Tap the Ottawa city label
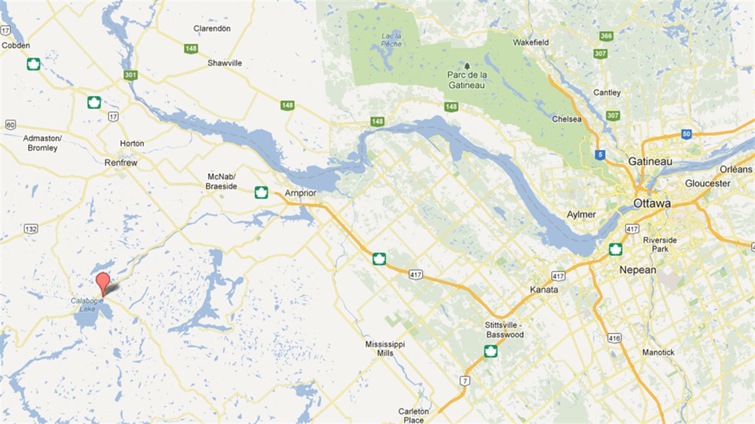(652, 204)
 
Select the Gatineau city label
(650, 162)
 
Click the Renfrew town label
(121, 163)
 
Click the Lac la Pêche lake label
(391, 40)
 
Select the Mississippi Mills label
(385, 349)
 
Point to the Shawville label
(225, 63)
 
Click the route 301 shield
(130, 75)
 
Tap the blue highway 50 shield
(686, 134)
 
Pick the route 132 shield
(31, 229)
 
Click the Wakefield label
(530, 43)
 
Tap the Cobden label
(16, 45)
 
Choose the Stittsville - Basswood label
(504, 330)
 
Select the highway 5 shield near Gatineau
(599, 155)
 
